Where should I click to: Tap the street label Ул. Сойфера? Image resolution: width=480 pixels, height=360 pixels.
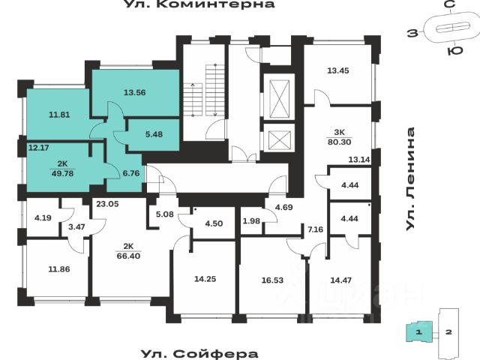(x=199, y=353)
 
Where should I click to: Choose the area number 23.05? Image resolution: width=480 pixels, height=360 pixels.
(x=107, y=202)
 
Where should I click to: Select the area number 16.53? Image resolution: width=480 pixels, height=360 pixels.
(x=274, y=280)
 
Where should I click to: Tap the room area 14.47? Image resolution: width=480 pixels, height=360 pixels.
(x=344, y=280)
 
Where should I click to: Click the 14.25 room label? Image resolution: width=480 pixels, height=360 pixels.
(x=205, y=279)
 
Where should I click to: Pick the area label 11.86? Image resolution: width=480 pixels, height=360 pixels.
(x=59, y=268)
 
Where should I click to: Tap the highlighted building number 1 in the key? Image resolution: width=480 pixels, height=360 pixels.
(x=421, y=331)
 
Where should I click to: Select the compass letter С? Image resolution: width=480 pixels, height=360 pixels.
(x=448, y=4)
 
